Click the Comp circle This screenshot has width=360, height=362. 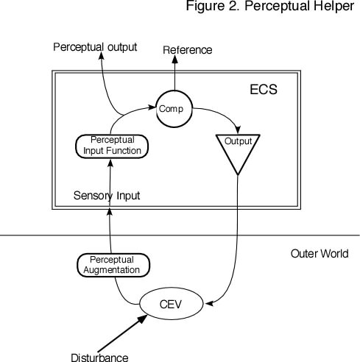tap(174, 108)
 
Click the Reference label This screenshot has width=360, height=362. tap(187, 49)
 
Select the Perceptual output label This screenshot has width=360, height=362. tap(96, 47)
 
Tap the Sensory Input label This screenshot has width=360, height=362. tap(107, 196)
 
